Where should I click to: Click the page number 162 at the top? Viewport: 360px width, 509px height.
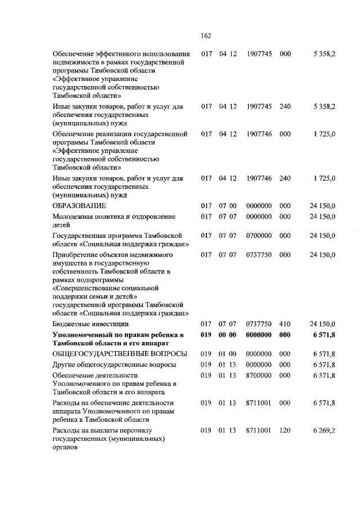click(x=206, y=35)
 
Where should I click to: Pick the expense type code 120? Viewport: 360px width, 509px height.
click(x=285, y=430)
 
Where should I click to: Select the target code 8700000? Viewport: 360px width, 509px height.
click(x=259, y=375)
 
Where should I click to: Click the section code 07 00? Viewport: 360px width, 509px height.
click(x=227, y=206)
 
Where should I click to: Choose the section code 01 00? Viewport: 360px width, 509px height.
click(x=227, y=354)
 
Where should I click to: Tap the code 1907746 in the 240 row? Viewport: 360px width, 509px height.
click(x=259, y=178)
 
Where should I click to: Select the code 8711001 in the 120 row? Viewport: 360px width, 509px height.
click(x=259, y=430)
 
